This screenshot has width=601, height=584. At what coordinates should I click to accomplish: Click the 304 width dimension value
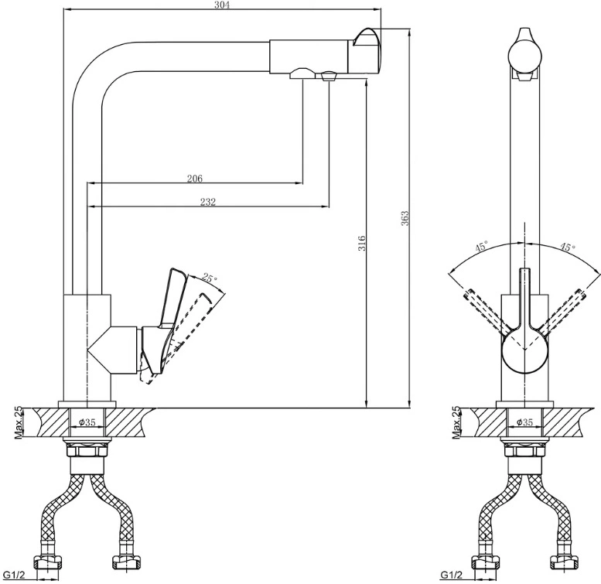click(x=222, y=5)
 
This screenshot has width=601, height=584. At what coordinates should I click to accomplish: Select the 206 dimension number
click(x=195, y=178)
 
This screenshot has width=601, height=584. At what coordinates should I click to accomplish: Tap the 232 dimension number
click(x=208, y=202)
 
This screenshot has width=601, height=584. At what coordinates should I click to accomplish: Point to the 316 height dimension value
click(x=362, y=244)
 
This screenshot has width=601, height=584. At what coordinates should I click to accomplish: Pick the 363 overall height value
click(x=405, y=218)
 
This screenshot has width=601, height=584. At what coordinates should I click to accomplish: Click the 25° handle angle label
click(x=210, y=278)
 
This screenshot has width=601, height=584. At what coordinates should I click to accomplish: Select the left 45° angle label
click(x=482, y=246)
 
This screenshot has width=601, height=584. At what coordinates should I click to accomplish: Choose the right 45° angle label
click(x=568, y=247)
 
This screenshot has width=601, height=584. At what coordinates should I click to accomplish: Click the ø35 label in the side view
click(x=87, y=422)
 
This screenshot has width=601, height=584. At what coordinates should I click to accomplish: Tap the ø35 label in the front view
click(x=524, y=422)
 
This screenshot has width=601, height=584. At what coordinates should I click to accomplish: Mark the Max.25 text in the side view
click(x=19, y=422)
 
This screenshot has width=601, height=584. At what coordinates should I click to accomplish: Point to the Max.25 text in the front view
click(x=456, y=422)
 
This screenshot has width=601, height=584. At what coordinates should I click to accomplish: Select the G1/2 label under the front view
click(x=450, y=575)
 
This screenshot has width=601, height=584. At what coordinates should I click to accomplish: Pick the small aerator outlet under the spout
click(x=328, y=76)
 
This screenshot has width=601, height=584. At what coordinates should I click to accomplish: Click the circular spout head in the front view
click(x=524, y=56)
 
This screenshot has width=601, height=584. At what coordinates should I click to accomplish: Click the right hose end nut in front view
click(x=562, y=562)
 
